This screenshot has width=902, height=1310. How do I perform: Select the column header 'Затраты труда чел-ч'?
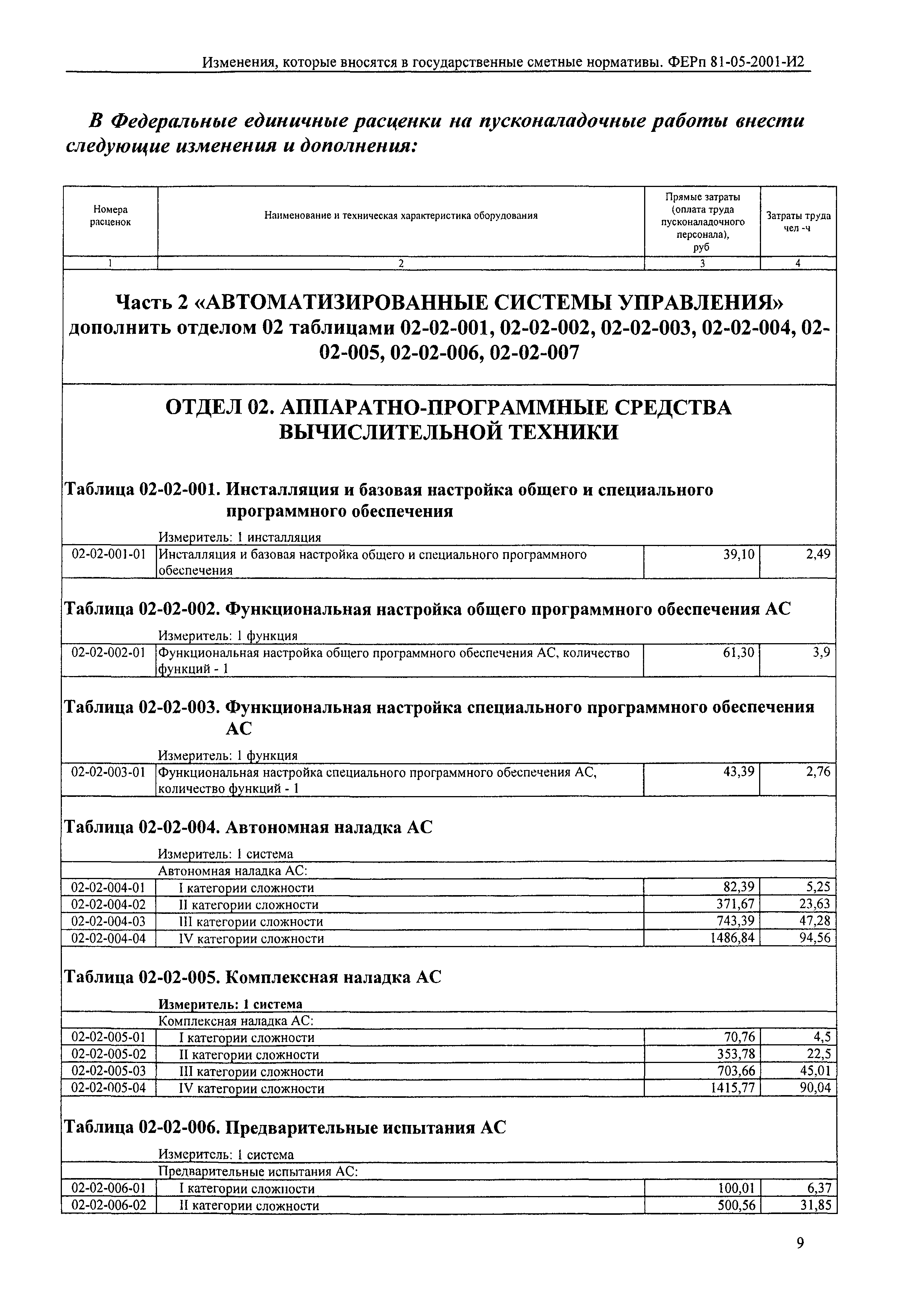tap(798, 222)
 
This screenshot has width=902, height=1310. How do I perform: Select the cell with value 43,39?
tap(738, 772)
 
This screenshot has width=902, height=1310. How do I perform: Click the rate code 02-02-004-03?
tap(108, 922)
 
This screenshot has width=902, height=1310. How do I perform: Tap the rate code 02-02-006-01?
tap(108, 1188)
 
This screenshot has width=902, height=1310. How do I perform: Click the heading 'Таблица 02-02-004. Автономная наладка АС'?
tap(249, 827)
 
